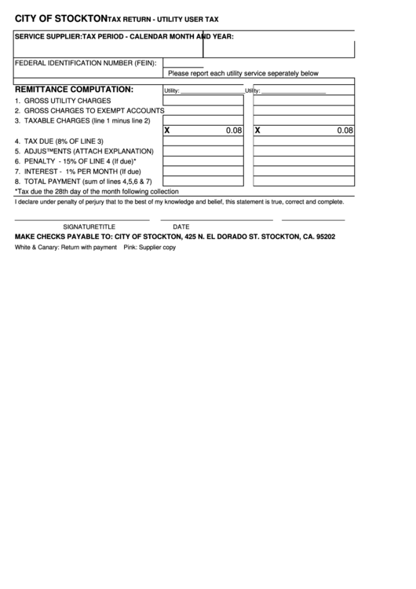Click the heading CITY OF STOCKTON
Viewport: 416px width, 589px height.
click(x=61, y=17)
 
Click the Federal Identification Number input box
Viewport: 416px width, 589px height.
click(x=183, y=62)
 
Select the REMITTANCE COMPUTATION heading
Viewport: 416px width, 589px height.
click(x=74, y=90)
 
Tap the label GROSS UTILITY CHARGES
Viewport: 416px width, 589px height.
click(x=67, y=101)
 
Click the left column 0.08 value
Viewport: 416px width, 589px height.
click(x=234, y=131)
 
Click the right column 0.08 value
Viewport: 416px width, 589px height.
click(x=345, y=131)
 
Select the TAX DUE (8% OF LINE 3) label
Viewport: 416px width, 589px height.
click(x=64, y=141)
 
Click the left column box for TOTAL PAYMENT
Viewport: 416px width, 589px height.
click(x=203, y=181)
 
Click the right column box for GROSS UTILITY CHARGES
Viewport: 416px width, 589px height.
click(x=304, y=101)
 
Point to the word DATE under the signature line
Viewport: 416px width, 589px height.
click(x=181, y=226)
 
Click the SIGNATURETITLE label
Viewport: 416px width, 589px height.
click(x=89, y=226)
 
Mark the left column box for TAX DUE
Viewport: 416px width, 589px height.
click(x=203, y=141)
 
